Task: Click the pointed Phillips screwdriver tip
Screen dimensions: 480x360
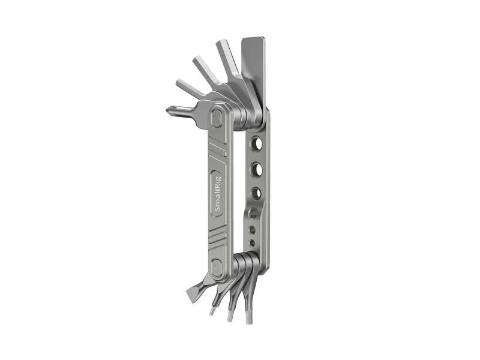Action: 169,110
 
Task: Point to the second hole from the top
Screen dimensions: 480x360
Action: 257,169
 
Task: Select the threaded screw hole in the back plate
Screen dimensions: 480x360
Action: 254,212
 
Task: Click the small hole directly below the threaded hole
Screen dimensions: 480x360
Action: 252,229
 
